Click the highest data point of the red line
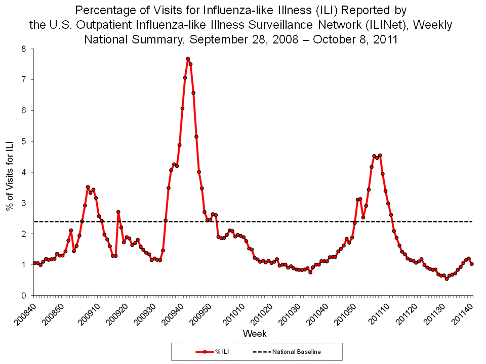click(x=188, y=59)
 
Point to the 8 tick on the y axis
click(x=24, y=49)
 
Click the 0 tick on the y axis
click(x=24, y=295)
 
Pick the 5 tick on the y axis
click(x=24, y=142)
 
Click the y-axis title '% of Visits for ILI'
click(x=9, y=172)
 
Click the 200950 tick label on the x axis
click(x=200, y=310)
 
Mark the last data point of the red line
click(x=472, y=264)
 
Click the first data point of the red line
click(x=34, y=263)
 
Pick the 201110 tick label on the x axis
click(x=376, y=310)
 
